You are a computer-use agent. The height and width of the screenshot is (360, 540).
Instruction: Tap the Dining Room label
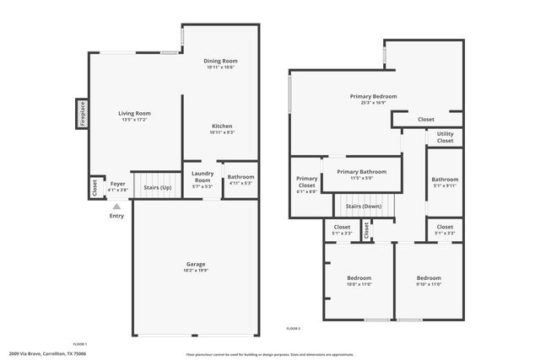point(221,62)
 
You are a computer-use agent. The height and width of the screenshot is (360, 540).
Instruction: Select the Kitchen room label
point(221,126)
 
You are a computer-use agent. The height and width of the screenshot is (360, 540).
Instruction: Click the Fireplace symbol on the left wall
point(82,113)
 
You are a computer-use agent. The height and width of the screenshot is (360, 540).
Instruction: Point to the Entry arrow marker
point(117,206)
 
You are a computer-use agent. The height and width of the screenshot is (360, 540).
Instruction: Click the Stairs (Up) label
point(158,187)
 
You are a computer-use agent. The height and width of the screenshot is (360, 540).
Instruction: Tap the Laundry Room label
point(202,177)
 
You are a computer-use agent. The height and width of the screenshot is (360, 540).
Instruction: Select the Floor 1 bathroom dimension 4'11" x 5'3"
point(241,183)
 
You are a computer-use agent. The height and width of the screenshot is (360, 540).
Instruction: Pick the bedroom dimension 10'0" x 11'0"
point(359,284)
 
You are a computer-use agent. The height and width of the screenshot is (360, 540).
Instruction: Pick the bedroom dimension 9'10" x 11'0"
point(428,284)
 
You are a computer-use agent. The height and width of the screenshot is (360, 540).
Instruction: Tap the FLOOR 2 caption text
point(293,327)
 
